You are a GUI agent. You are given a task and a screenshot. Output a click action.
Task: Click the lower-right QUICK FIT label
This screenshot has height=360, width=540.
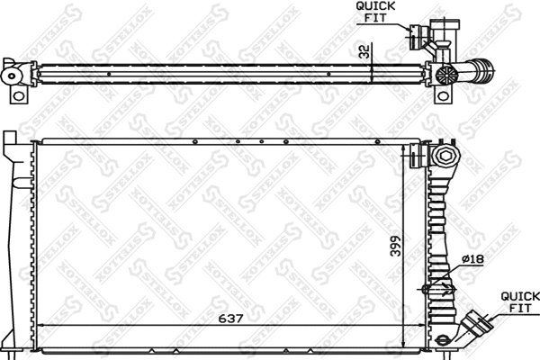point(520,301)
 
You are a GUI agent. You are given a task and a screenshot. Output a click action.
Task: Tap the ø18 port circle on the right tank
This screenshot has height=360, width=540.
point(427,289)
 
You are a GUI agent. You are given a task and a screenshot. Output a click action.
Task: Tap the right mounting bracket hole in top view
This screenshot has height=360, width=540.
point(442,94)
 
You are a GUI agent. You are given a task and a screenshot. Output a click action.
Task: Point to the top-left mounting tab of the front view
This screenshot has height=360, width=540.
point(9,143)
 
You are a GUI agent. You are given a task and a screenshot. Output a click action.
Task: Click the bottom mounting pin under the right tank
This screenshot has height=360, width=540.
point(443,340)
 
